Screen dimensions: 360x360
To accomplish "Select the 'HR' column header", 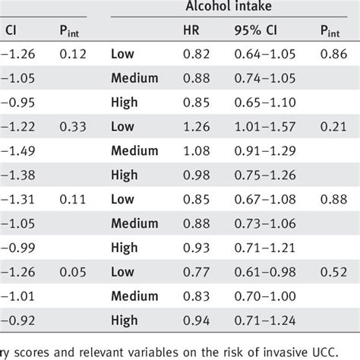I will coord(192,31).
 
